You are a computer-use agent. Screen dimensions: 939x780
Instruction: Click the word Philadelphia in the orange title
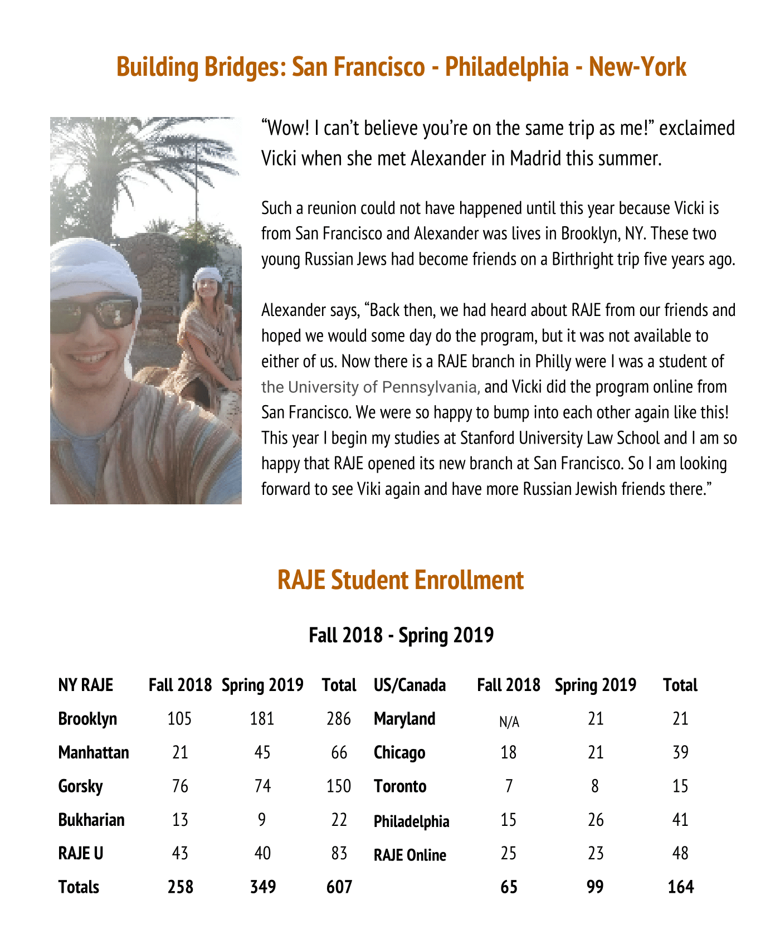[x=506, y=67]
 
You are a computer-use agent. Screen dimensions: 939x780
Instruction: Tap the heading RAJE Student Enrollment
[x=400, y=580]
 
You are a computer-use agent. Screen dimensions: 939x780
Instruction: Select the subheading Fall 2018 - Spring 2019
[x=401, y=635]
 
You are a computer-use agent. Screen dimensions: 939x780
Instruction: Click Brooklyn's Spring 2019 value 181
[x=262, y=719]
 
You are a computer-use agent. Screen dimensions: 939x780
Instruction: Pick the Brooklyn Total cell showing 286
[x=339, y=719]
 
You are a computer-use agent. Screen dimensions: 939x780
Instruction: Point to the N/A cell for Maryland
[x=509, y=722]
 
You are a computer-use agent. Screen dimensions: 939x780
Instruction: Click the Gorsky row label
[x=80, y=786]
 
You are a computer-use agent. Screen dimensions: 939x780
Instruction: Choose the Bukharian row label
[x=91, y=820]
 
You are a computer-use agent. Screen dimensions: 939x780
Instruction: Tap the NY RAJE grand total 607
[x=339, y=887]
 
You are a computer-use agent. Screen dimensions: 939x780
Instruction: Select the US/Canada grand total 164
[x=680, y=887]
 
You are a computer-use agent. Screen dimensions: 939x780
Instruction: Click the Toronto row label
[x=399, y=786]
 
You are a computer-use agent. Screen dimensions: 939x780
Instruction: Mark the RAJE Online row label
[x=409, y=855]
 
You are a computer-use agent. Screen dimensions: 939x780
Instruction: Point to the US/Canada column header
[x=409, y=685]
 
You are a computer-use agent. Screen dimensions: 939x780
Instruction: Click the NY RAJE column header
[x=85, y=685]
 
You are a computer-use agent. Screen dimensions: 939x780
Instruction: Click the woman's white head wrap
[x=208, y=275]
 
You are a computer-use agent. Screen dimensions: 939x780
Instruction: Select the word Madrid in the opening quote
[x=535, y=159]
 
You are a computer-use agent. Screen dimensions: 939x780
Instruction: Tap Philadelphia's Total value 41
[x=680, y=820]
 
